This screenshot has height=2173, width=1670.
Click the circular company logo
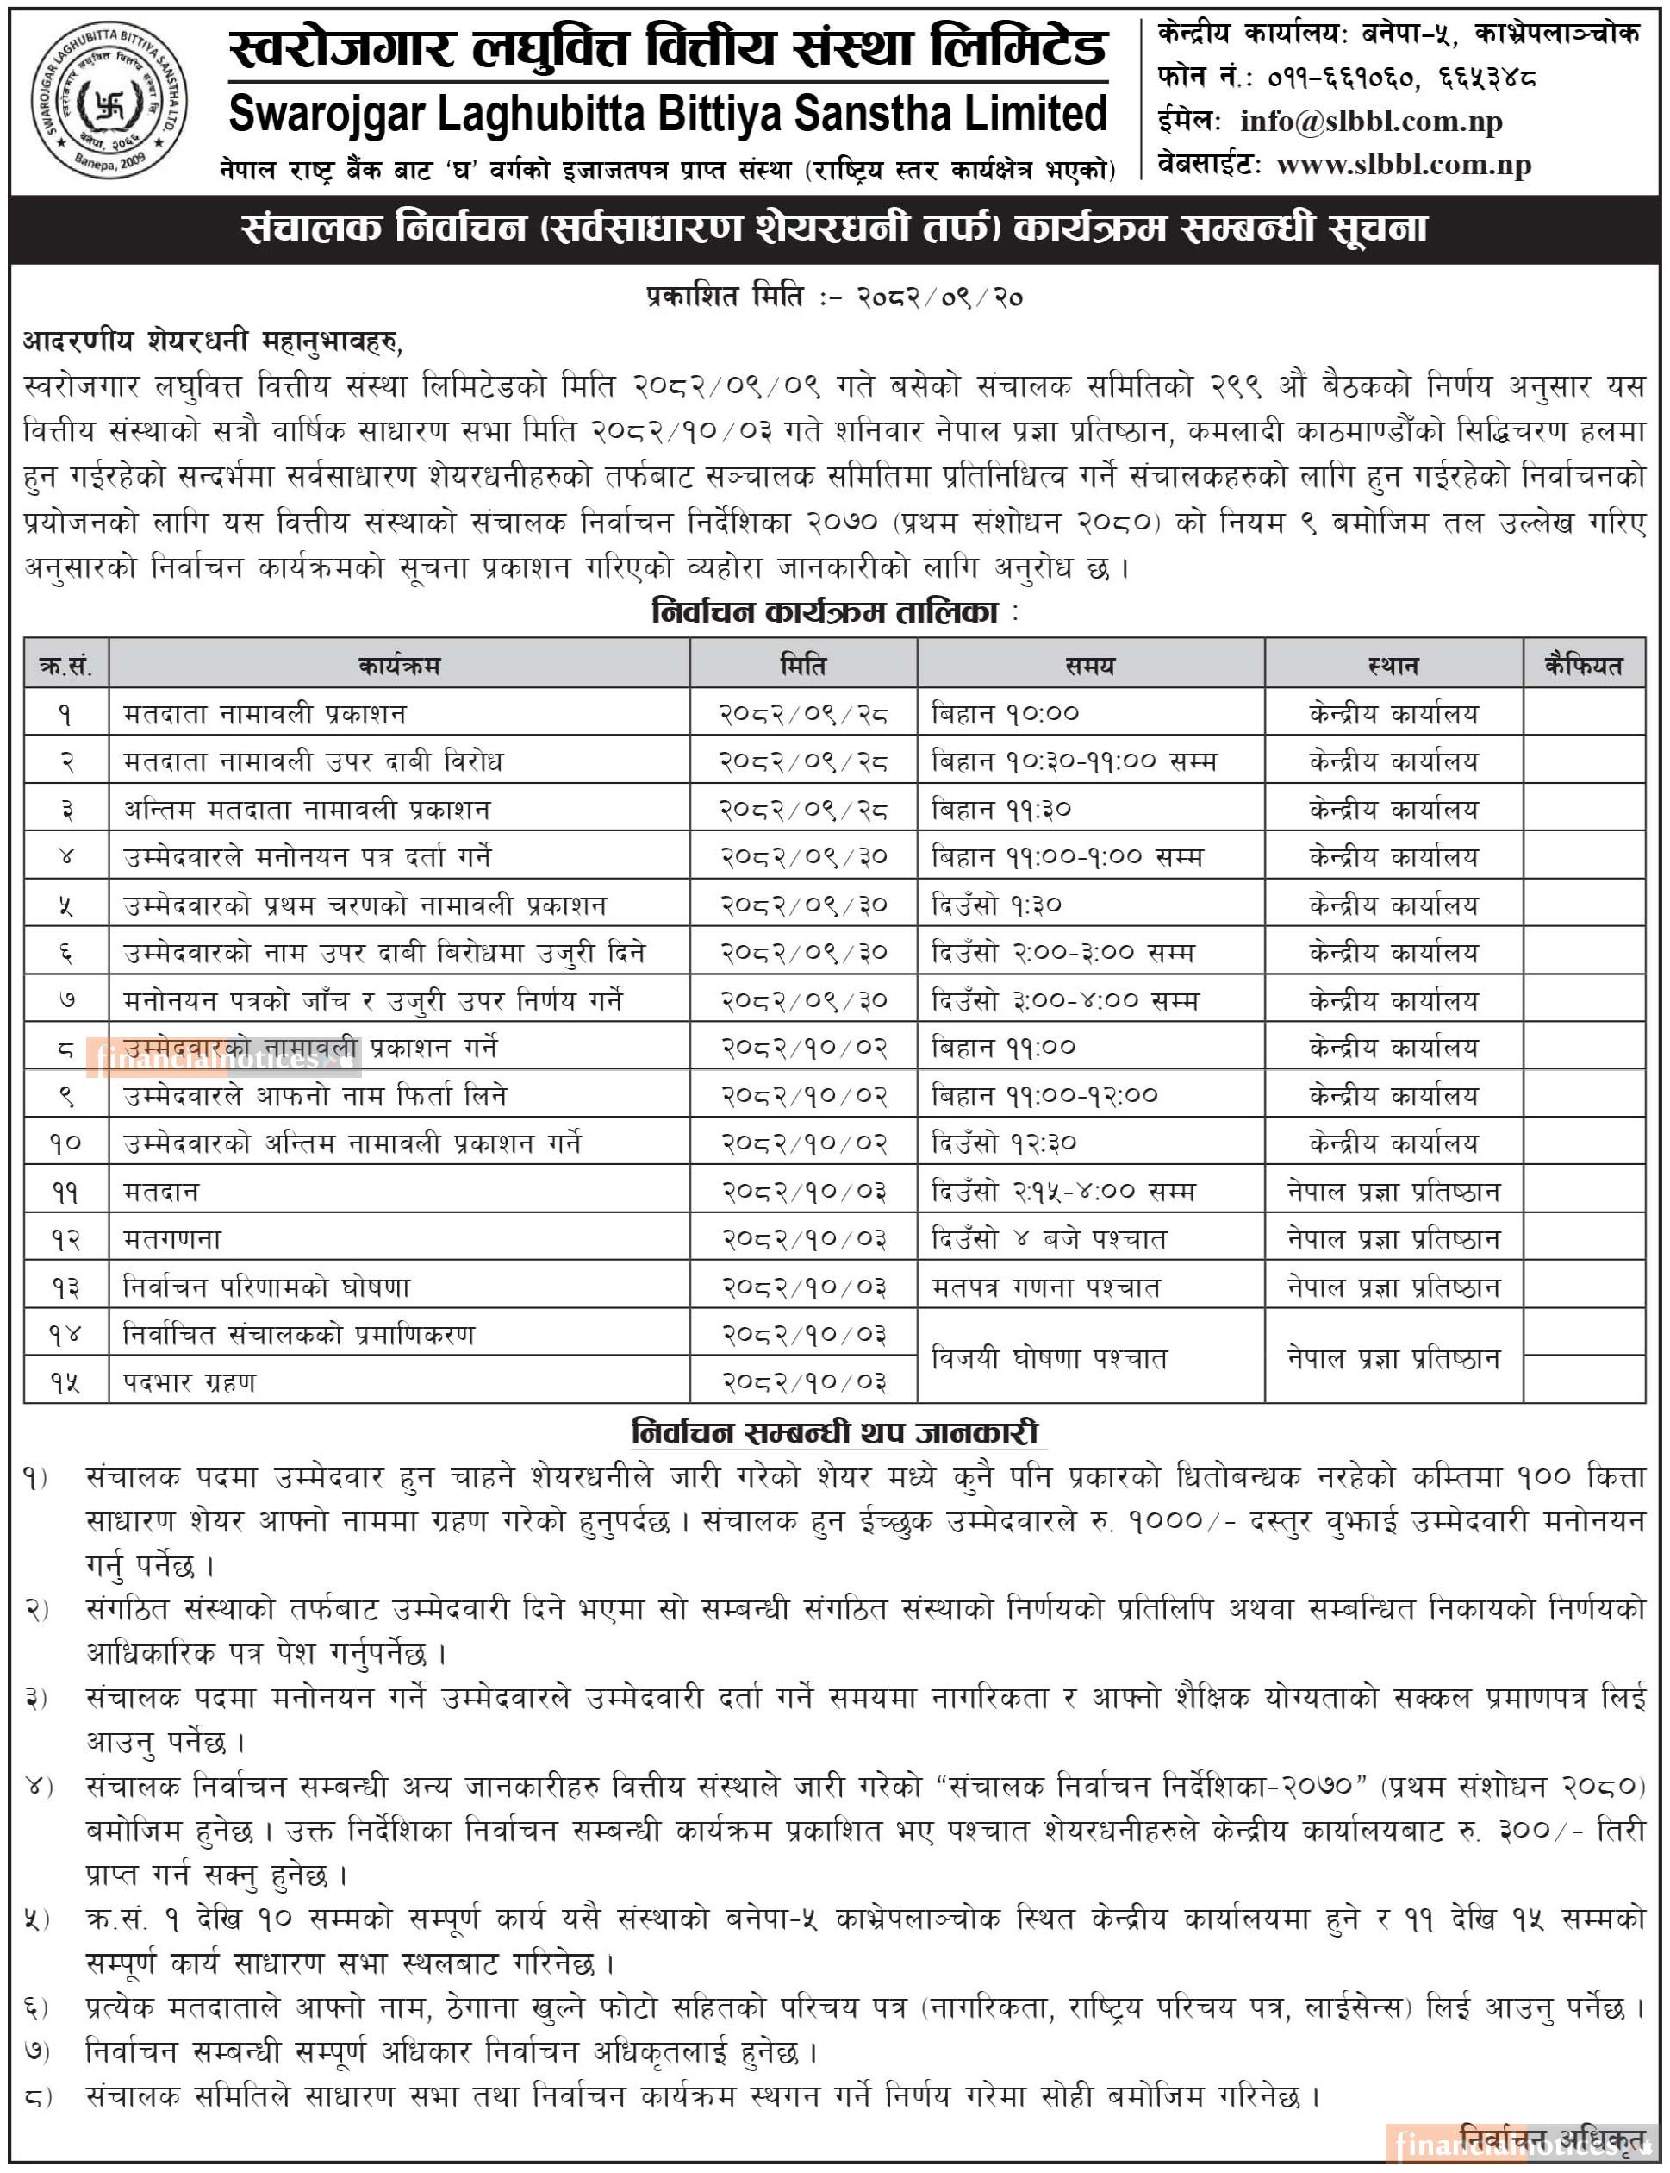(x=108, y=99)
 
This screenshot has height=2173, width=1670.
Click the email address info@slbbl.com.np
(x=1371, y=122)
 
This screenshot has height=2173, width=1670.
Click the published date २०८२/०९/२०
(x=939, y=297)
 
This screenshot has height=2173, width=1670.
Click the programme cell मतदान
(x=162, y=1191)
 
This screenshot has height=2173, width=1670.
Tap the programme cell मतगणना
(x=173, y=1238)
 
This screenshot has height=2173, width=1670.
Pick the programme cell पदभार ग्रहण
(x=190, y=1381)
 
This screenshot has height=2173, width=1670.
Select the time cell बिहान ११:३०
(x=1002, y=810)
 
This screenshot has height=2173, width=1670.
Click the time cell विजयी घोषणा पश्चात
(x=1049, y=1357)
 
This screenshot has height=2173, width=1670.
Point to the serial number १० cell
(x=65, y=1143)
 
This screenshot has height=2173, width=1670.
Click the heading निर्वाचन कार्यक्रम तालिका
(x=825, y=611)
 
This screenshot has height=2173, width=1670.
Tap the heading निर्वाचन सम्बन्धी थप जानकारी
(x=835, y=1433)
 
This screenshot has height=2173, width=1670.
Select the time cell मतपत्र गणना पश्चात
(x=1046, y=1287)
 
